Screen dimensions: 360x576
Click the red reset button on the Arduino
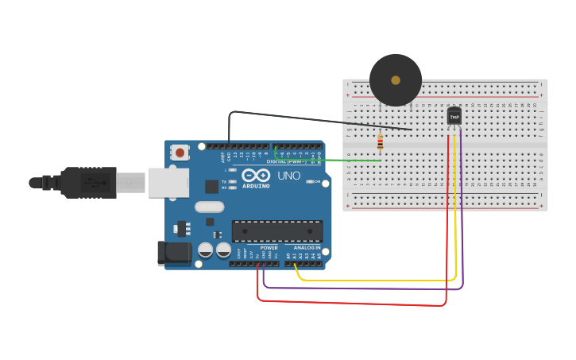tap(180, 153)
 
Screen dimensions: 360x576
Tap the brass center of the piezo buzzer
tap(396, 79)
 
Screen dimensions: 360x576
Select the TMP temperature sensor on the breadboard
tap(454, 116)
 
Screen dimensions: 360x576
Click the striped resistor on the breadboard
tap(381, 142)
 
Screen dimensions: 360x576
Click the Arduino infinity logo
tap(256, 175)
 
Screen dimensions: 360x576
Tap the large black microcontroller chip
tap(277, 231)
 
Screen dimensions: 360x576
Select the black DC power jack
tap(174, 254)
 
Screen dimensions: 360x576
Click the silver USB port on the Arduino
tap(168, 183)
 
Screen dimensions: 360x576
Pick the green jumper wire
tap(334, 161)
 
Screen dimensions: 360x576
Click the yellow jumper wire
tap(373, 281)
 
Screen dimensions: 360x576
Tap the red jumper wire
tap(358, 304)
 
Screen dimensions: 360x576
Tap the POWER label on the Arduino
tap(269, 248)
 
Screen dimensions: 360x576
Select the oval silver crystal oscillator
tap(210, 207)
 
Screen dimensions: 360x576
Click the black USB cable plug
tap(87, 183)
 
